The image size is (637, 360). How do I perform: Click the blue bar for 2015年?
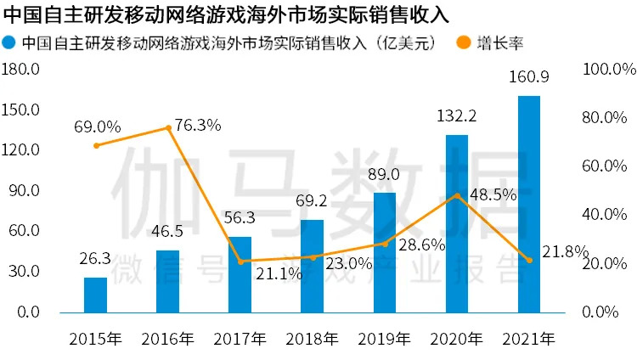(x=96, y=294)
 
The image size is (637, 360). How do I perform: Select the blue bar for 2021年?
(x=529, y=204)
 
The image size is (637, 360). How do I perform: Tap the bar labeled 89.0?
(x=385, y=252)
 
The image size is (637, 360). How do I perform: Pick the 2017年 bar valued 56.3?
(x=240, y=274)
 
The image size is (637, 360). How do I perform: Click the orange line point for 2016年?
(x=168, y=128)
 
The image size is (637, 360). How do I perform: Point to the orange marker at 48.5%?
(x=457, y=195)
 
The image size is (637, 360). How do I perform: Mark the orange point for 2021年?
(x=529, y=260)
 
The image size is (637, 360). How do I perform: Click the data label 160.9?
(x=529, y=77)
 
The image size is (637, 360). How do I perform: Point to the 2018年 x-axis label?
(x=313, y=339)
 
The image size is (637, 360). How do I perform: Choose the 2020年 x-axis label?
(x=457, y=339)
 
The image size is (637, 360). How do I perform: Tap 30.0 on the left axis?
(x=25, y=272)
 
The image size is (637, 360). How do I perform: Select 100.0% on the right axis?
(x=606, y=69)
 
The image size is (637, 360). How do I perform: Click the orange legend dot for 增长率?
(x=464, y=43)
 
